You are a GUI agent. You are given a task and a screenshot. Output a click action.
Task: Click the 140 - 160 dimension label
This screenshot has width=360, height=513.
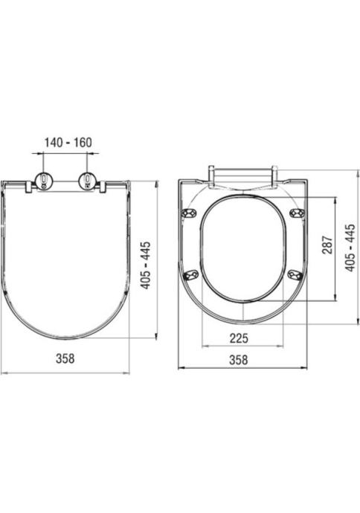[x=68, y=143]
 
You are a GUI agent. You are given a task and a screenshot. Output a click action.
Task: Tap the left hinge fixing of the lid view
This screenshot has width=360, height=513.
[x=44, y=180]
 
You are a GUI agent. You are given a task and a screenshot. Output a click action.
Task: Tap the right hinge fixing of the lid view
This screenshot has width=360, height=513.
[x=87, y=180]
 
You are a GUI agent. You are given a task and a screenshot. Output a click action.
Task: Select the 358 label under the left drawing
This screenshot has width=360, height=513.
[x=65, y=358]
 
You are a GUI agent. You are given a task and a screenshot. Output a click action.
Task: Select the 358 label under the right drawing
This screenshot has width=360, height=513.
[x=238, y=360]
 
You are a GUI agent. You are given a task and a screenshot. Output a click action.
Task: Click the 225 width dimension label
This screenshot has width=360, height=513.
[x=239, y=338]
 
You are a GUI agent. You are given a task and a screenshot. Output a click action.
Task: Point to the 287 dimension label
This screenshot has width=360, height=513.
[x=327, y=245]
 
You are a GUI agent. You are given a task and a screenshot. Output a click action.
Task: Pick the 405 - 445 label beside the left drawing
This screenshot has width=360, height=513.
[x=145, y=265]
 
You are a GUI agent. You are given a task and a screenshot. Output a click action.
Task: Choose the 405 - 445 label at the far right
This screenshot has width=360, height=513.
[x=350, y=248]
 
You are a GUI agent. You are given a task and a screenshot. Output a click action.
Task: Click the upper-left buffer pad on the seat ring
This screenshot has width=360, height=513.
[x=190, y=213]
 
